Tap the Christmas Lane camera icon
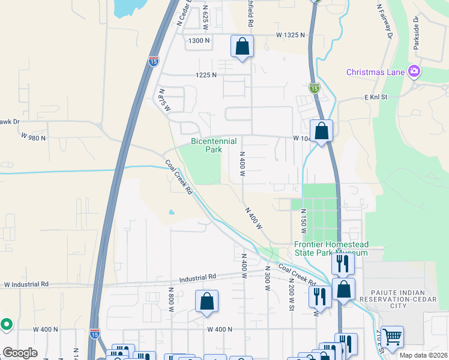point(414,72)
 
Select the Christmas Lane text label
point(376,73)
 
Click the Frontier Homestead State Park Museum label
point(331,249)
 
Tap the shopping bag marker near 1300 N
point(242,46)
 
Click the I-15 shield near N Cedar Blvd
point(154,61)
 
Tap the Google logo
point(20,353)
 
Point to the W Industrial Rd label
point(26,284)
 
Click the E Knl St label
point(378,97)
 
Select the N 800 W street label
point(171,302)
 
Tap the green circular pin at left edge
point(7,325)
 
